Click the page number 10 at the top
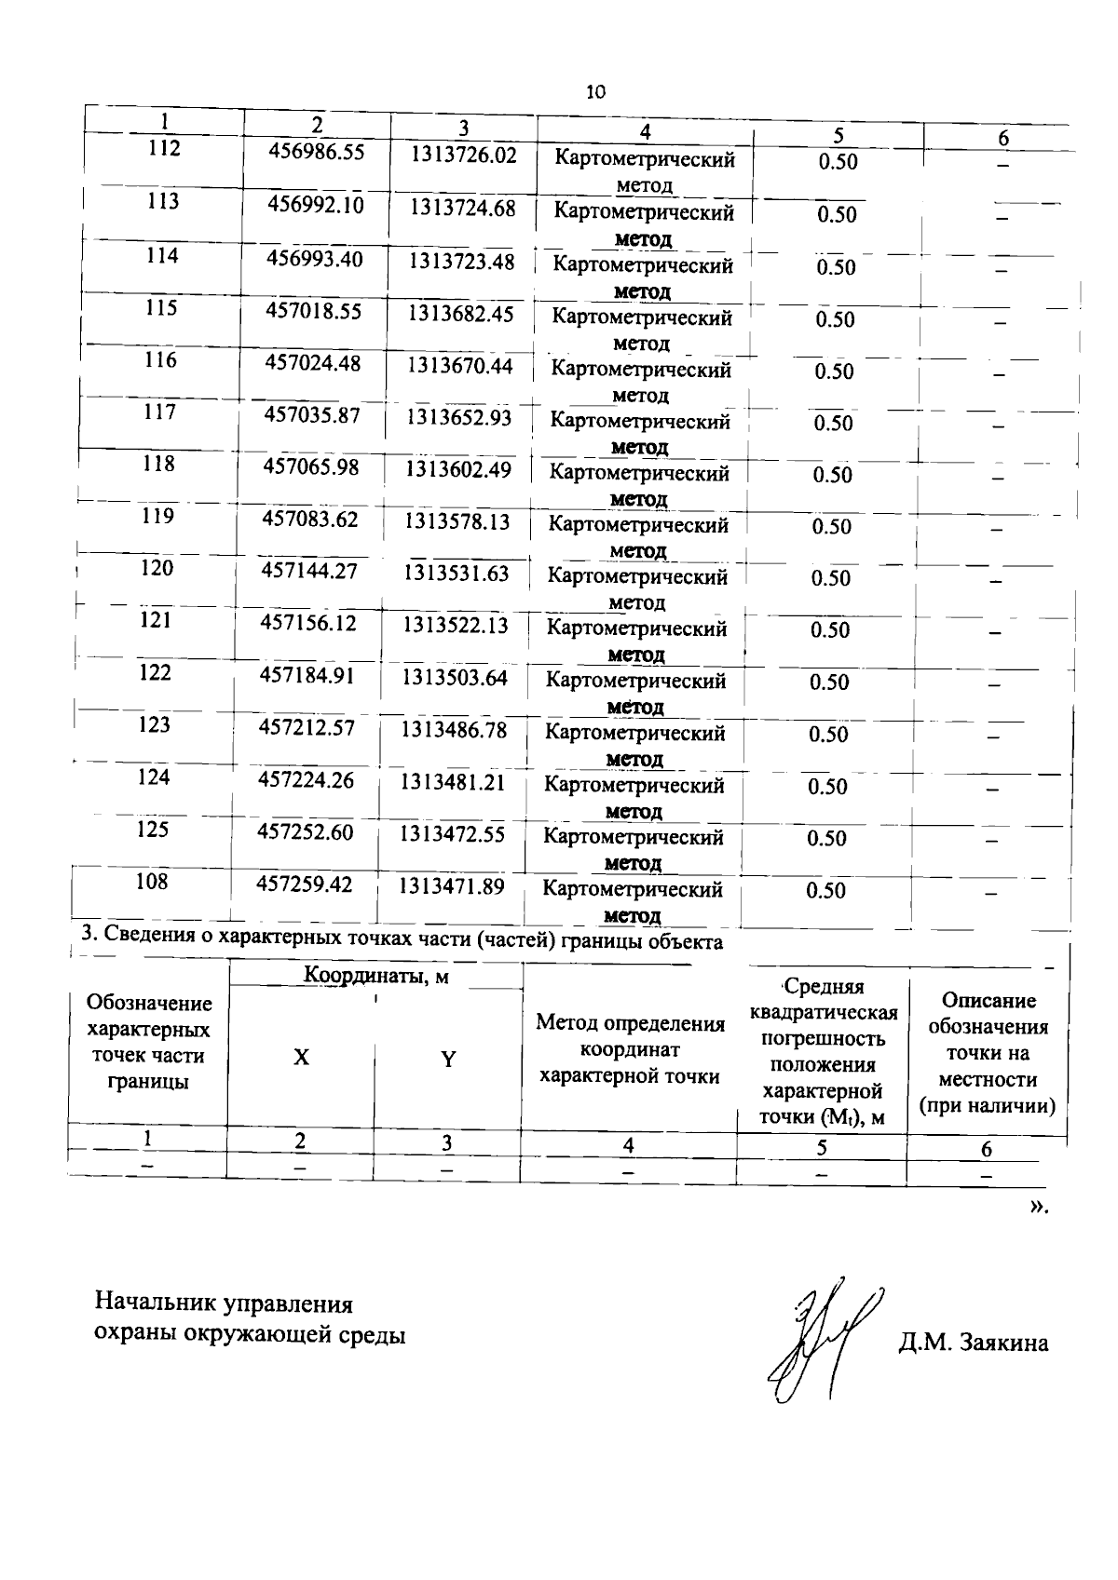[596, 91]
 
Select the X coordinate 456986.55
[317, 152]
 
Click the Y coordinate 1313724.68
[462, 208]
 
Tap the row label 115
[161, 307]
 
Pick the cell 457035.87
[312, 415]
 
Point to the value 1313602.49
[458, 469]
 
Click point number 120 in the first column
[157, 568]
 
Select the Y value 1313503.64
[455, 678]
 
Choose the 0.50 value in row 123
[828, 735]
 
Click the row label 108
[152, 881]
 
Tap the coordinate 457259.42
[305, 885]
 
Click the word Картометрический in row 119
[638, 525]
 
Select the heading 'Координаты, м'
[376, 976]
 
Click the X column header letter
[301, 1059]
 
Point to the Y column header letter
[448, 1060]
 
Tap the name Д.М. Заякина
[974, 1343]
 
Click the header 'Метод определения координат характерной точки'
[630, 1050]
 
